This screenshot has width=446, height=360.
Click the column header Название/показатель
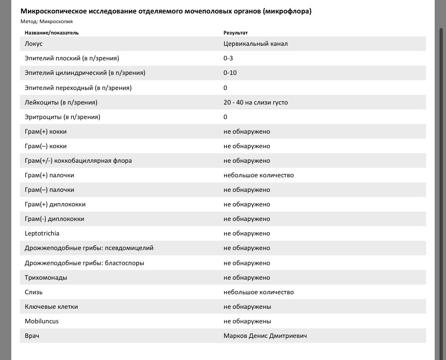52,33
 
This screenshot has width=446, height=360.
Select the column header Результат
236,33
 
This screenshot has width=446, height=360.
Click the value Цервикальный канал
255,44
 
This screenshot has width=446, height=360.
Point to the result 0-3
228,58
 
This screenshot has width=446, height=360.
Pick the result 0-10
230,73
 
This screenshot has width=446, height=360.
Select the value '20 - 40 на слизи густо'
255,102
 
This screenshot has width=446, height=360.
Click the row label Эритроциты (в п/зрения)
62,117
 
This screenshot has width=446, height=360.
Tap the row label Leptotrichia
42,233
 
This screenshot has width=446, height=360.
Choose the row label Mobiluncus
41,321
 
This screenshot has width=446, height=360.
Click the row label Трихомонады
46,278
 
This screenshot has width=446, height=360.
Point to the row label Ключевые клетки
51,307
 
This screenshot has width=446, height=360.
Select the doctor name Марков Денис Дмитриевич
265,336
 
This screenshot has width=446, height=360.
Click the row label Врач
32,336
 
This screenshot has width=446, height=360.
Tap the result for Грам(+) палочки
259,175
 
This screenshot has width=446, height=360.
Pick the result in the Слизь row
259,292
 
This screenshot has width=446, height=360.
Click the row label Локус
33,44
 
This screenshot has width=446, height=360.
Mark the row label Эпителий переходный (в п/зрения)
78,88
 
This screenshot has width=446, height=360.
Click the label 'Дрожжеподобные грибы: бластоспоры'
85,263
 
